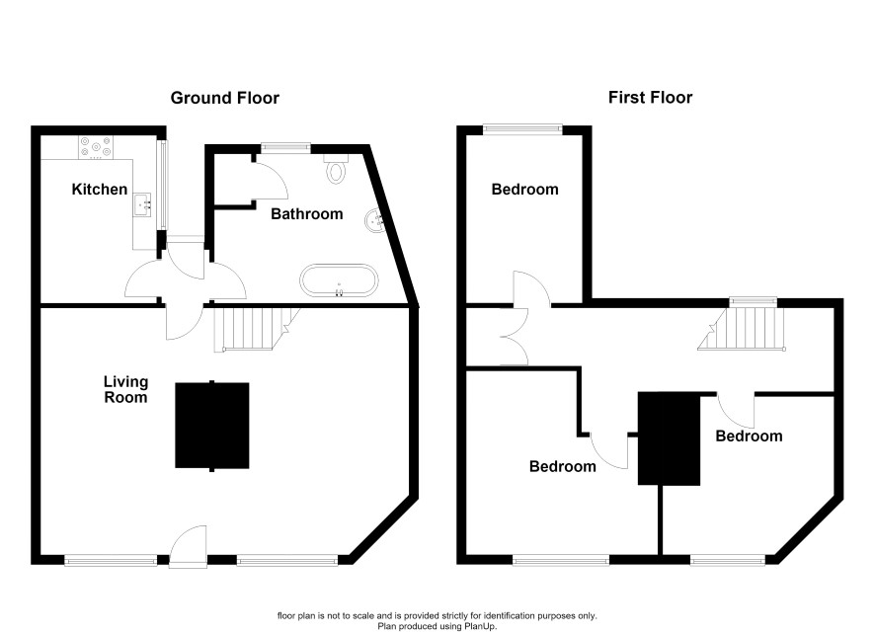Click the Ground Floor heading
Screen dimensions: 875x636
click(224, 98)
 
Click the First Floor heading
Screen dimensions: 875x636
click(650, 98)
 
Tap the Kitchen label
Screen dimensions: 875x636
click(100, 190)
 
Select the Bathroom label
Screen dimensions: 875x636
click(306, 213)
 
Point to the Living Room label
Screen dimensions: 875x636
click(125, 389)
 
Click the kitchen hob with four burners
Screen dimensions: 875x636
click(96, 148)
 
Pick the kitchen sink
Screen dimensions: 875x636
click(142, 204)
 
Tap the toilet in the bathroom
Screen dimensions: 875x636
click(336, 169)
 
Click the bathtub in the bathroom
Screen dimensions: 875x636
click(339, 280)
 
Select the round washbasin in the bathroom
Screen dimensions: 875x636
click(374, 220)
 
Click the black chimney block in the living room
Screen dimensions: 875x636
click(212, 425)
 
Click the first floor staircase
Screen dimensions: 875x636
click(743, 329)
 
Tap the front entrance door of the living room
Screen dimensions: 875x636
click(188, 546)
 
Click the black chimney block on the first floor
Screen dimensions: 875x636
click(669, 437)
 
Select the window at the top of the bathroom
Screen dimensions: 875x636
click(285, 147)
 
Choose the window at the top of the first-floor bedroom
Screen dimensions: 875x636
click(522, 128)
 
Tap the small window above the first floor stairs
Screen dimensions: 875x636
click(754, 301)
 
